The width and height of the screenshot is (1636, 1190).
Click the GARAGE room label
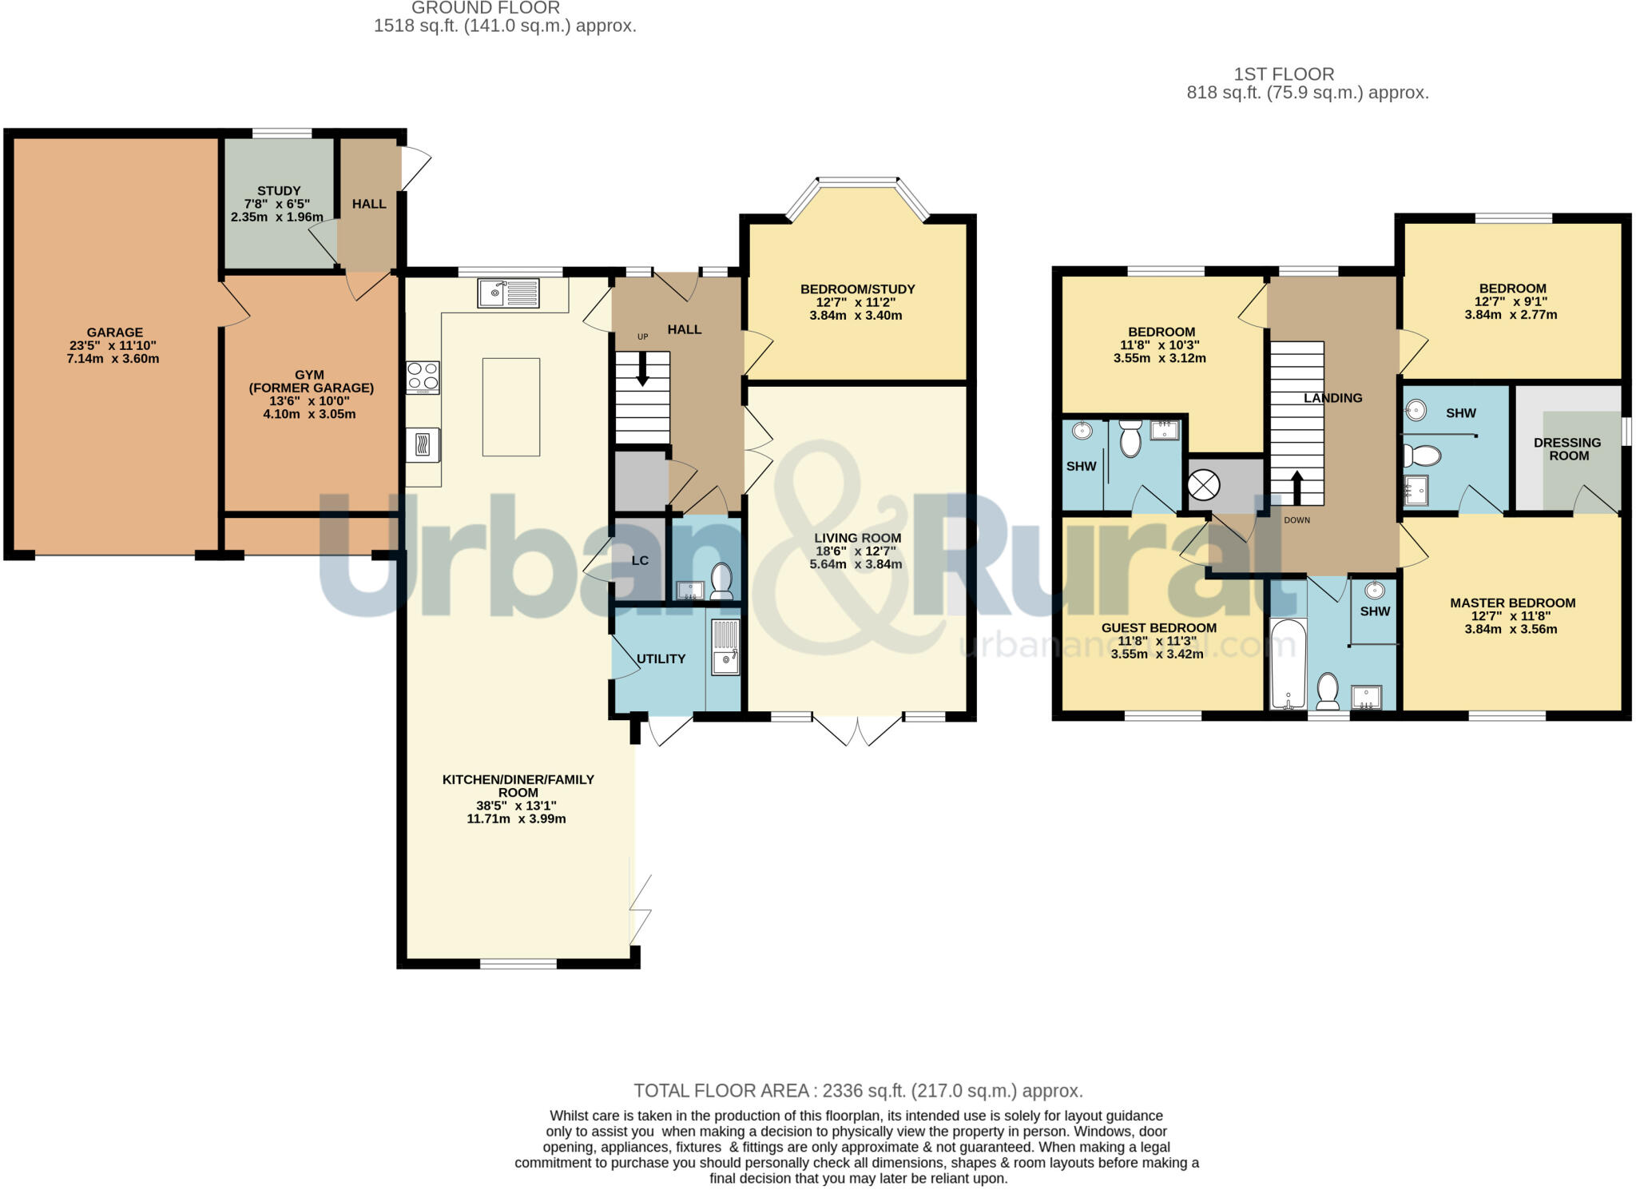pyautogui.click(x=115, y=332)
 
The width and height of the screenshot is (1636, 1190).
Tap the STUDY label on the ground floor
pyautogui.click(x=279, y=191)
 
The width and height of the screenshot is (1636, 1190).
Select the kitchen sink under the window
pyautogui.click(x=508, y=293)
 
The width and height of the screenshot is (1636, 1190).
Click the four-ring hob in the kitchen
pyautogui.click(x=423, y=377)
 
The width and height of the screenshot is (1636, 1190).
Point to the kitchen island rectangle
pyautogui.click(x=511, y=407)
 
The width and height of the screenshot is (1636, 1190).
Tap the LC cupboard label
pyautogui.click(x=640, y=560)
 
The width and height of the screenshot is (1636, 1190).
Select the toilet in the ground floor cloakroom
pyautogui.click(x=721, y=580)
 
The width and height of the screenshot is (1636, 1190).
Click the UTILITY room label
pyautogui.click(x=661, y=659)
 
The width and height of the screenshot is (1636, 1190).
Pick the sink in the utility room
pyautogui.click(x=725, y=660)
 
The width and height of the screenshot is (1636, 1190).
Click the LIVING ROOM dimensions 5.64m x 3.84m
pyautogui.click(x=856, y=564)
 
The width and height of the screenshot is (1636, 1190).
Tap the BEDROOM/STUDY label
pyautogui.click(x=857, y=289)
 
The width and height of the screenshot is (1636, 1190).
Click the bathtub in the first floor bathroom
pyautogui.click(x=1288, y=663)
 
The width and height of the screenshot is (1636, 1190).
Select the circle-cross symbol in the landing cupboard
pyautogui.click(x=1204, y=485)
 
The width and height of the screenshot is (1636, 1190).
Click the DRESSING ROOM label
pyautogui.click(x=1567, y=449)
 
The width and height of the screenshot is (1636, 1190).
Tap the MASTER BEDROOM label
pyautogui.click(x=1512, y=603)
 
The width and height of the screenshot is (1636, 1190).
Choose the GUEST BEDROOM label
pyautogui.click(x=1158, y=628)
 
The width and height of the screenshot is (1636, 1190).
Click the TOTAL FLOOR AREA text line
pyautogui.click(x=858, y=1090)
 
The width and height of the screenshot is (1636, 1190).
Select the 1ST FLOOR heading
pyautogui.click(x=1284, y=74)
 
